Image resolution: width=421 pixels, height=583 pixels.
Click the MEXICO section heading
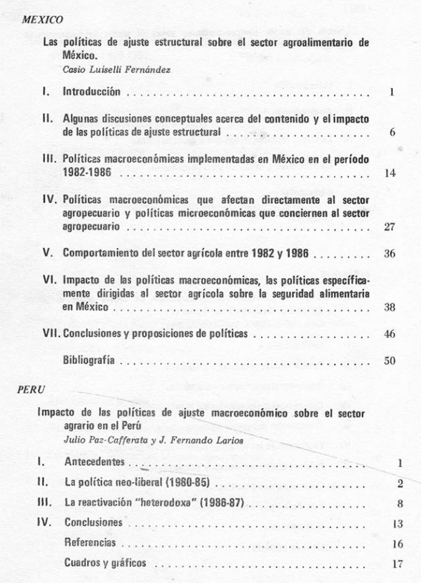click(x=43, y=20)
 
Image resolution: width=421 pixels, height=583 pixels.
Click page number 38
click(x=391, y=307)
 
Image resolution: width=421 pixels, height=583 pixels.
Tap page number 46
click(x=391, y=334)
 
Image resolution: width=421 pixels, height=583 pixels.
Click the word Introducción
click(x=92, y=92)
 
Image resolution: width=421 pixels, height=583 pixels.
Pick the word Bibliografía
click(x=89, y=361)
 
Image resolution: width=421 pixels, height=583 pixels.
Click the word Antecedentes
click(x=94, y=462)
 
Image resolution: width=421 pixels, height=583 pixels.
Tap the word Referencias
click(x=90, y=543)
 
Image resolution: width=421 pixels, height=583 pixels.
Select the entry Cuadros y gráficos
click(x=106, y=563)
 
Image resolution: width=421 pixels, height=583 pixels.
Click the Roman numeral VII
click(x=51, y=334)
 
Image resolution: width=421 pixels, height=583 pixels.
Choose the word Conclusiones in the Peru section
click(x=93, y=523)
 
